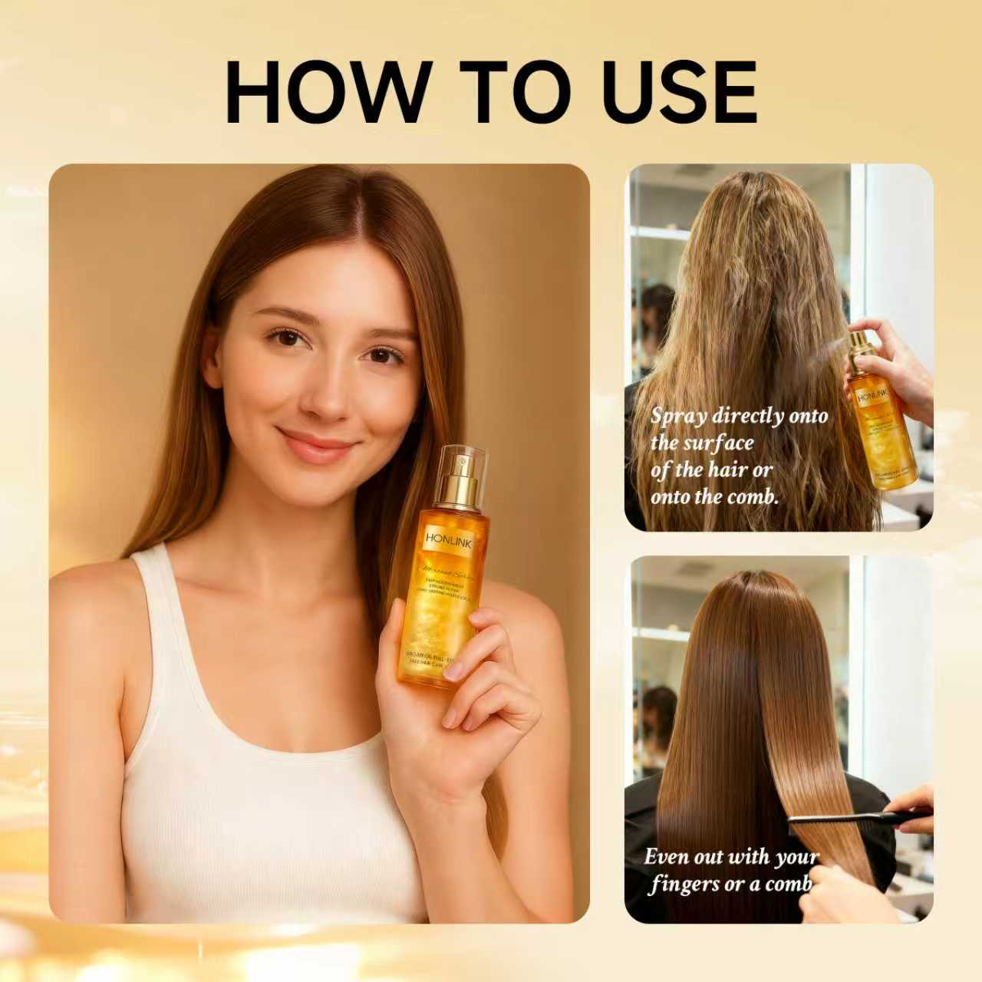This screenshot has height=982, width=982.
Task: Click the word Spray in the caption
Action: click(x=679, y=417)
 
